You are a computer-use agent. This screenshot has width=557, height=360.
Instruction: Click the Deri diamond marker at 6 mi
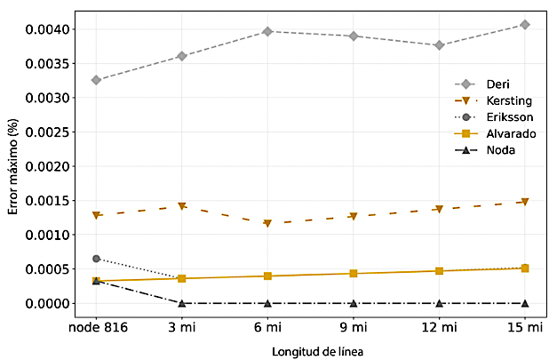point(267,32)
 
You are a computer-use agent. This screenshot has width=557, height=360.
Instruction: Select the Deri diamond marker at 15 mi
point(525,25)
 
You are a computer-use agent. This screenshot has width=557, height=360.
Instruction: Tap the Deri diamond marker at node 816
point(96,80)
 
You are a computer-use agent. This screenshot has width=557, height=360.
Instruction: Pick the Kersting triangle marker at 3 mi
point(182,206)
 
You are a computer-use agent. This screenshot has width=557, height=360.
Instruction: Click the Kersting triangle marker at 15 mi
point(525,202)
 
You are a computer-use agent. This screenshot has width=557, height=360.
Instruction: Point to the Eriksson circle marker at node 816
point(96,259)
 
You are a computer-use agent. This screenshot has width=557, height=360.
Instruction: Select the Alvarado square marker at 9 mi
point(354,273)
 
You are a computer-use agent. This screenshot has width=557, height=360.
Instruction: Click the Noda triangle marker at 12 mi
point(439,303)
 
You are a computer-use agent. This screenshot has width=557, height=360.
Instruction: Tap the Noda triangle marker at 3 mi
point(182,303)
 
